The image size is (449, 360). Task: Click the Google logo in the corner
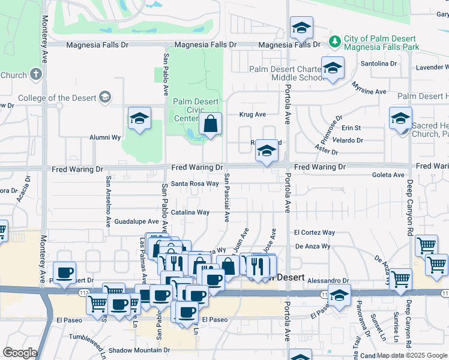pyautogui.click(x=20, y=353)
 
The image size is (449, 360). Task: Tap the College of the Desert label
pyautogui.click(x=57, y=98)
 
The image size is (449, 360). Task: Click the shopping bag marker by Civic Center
pyautogui.click(x=211, y=125)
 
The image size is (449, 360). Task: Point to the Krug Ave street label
pyautogui.click(x=252, y=114)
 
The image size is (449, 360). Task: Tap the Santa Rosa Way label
pyautogui.click(x=194, y=184)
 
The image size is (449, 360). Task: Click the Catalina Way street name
pyautogui.click(x=190, y=212)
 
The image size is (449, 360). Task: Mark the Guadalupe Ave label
pyautogui.click(x=136, y=221)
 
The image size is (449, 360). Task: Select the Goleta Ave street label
pyautogui.click(x=389, y=175)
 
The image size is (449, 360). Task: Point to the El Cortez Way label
pyautogui.click(x=314, y=233)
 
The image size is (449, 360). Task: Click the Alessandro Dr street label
pyautogui.click(x=329, y=280)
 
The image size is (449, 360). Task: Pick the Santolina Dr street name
pyautogui.click(x=379, y=63)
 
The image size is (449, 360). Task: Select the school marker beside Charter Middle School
pyautogui.click(x=333, y=69)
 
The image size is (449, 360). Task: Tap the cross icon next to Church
pyautogui.click(x=36, y=74)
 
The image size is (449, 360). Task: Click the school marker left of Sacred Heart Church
pyautogui.click(x=400, y=119)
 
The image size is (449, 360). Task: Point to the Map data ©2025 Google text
pyautogui.click(x=412, y=355)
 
